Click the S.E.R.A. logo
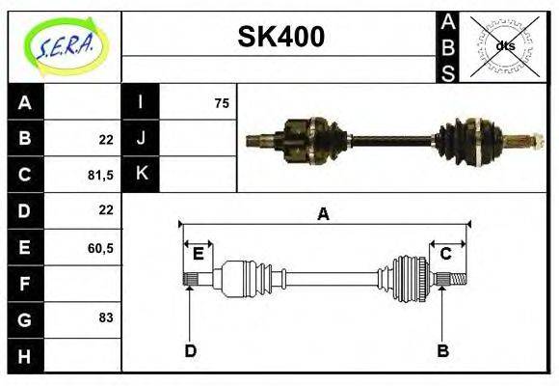coord(65,45)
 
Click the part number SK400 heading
coord(280,38)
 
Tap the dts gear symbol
coord(504,45)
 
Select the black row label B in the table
coord(25,139)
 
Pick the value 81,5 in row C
coord(101,175)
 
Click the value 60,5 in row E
coord(101,248)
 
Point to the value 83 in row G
coord(106,317)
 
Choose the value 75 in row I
coord(222,103)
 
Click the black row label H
coord(25,356)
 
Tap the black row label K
coord(142,174)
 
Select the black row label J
coord(142,138)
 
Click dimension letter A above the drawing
coord(324,214)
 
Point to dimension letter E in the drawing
coord(199,254)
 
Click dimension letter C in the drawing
coord(446,254)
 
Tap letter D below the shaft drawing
coord(190,350)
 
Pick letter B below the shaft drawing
coord(443,350)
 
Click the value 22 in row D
coord(106,209)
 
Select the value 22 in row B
coord(106,139)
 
